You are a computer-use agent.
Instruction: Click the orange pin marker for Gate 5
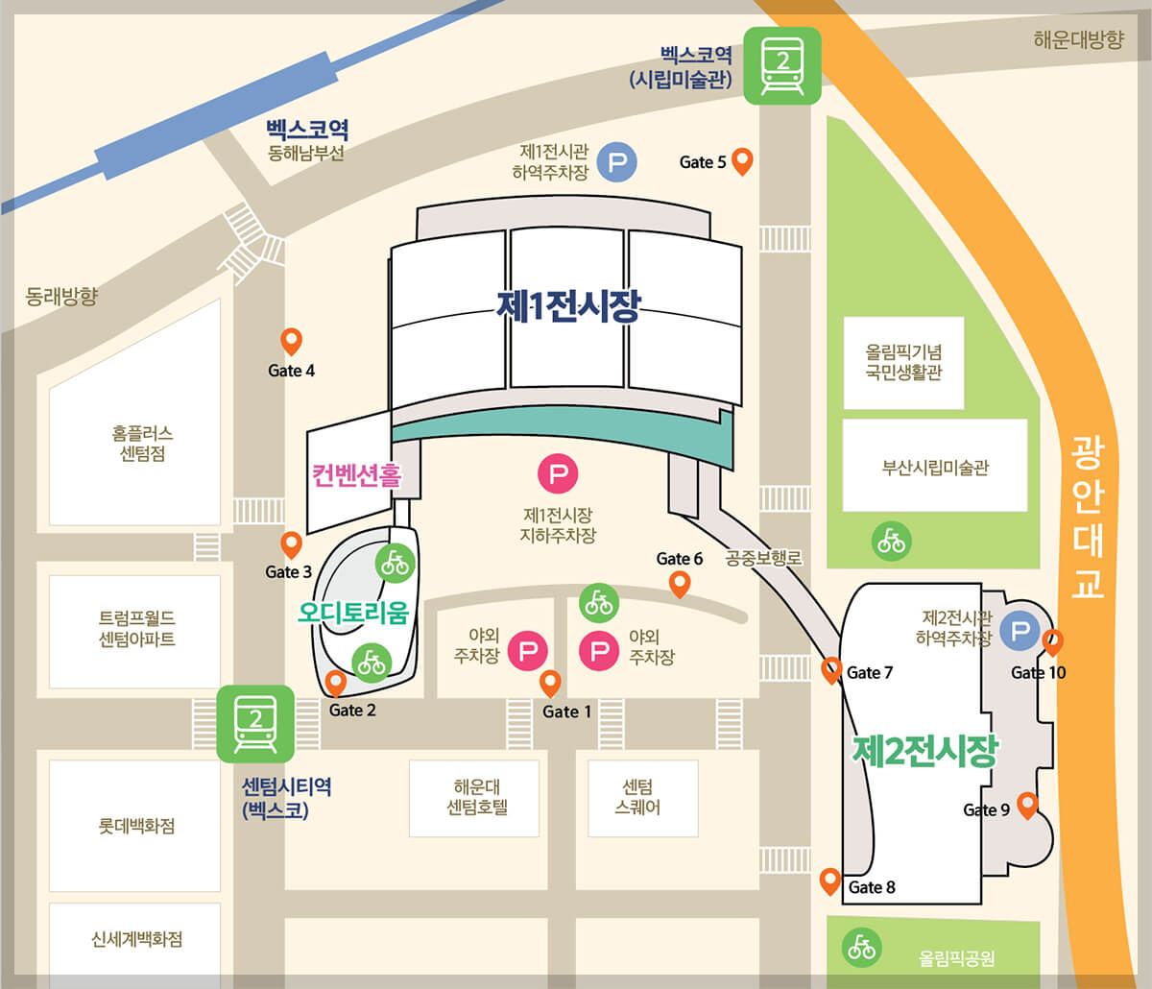(741, 160)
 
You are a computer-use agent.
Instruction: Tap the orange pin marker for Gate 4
(291, 340)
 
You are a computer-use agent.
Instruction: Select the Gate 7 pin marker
(832, 669)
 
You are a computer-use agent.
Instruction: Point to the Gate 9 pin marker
(1027, 805)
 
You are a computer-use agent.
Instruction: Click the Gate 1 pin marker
(550, 683)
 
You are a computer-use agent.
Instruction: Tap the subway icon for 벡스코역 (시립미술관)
(782, 65)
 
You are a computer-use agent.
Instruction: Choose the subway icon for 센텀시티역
(255, 724)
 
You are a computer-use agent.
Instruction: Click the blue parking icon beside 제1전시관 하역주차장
(617, 162)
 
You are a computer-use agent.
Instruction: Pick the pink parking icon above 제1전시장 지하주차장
(558, 473)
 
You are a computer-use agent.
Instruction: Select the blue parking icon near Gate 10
(1020, 632)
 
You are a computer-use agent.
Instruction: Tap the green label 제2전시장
(925, 751)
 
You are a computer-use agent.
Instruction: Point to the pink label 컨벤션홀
(355, 474)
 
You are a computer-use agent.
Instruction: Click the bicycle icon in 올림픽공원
(862, 948)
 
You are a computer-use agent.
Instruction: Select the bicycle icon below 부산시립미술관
(892, 542)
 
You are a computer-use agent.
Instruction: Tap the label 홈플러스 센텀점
(142, 444)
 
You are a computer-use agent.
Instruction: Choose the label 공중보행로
(763, 557)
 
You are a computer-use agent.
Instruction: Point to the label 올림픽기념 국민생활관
(903, 363)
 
